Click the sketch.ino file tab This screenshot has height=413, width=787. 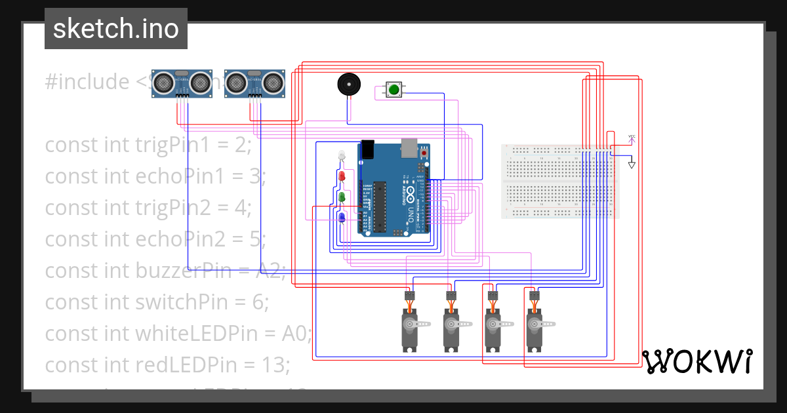[116, 29]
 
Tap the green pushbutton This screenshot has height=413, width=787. [393, 90]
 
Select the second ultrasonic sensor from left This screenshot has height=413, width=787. [254, 83]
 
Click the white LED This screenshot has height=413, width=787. [340, 156]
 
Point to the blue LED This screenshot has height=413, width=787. [341, 217]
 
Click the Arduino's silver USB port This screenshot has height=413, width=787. [411, 148]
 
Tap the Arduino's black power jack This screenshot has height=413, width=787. [368, 150]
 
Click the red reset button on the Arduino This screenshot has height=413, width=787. [424, 153]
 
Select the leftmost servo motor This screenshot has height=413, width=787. [411, 328]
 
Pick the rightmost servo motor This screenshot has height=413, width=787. [535, 328]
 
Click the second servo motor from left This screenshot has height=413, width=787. [451, 328]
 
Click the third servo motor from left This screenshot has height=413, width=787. [493, 328]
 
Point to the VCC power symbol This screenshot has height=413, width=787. [632, 138]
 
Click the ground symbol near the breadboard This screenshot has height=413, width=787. [632, 165]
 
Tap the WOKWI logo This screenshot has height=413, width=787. [697, 361]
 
